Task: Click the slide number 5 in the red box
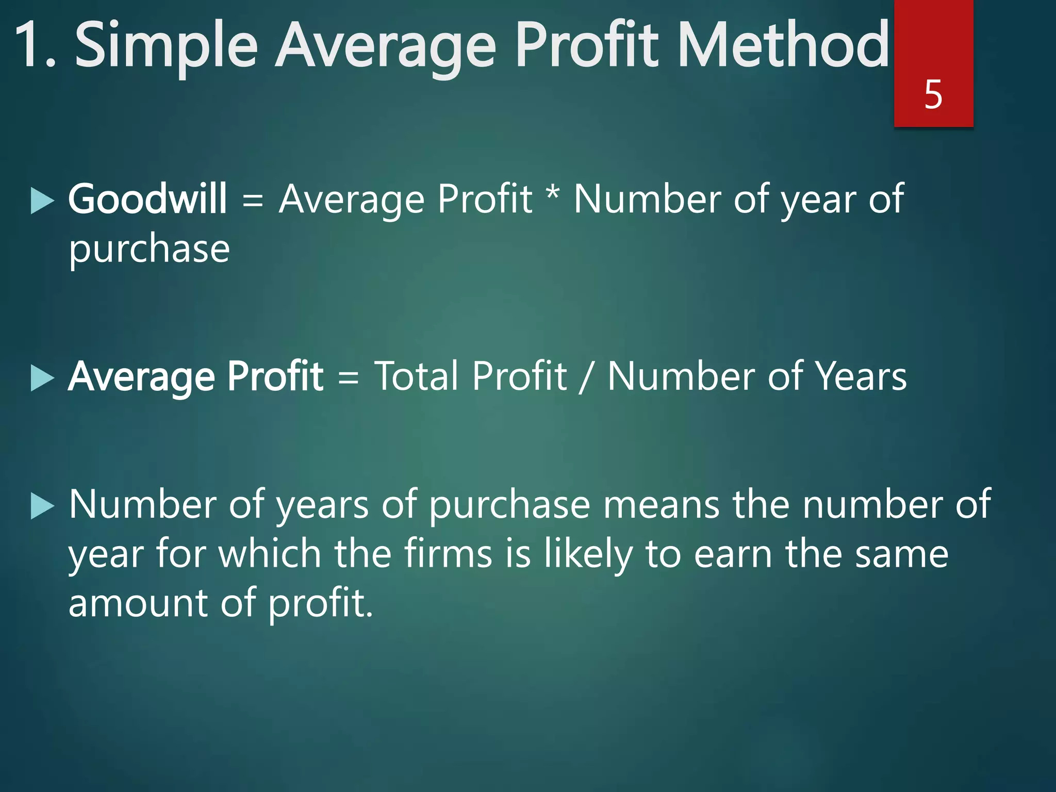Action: [x=933, y=94]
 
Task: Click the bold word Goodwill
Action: [x=147, y=199]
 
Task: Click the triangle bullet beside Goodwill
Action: [x=42, y=200]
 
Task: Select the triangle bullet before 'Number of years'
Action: [x=42, y=505]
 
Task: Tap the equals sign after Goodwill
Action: [x=253, y=200]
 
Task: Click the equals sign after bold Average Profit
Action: [x=348, y=377]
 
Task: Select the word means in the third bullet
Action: [x=661, y=504]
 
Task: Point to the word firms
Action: [x=448, y=554]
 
